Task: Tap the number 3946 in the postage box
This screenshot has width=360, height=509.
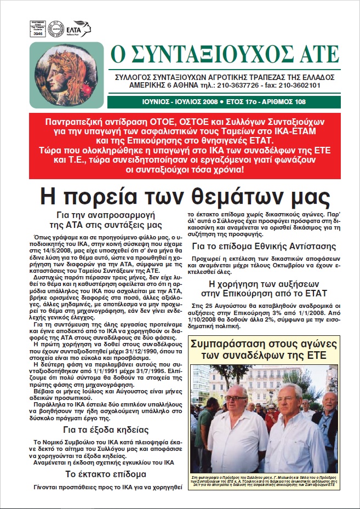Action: tap(38, 34)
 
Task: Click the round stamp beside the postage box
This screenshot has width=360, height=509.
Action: tap(54, 27)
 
